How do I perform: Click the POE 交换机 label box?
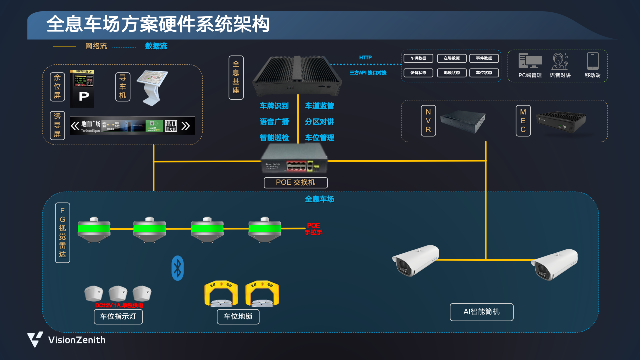296,183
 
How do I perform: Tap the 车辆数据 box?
418,58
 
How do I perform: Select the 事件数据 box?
484,58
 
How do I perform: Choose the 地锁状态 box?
452,73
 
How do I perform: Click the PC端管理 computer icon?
530,61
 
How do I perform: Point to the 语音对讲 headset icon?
560,61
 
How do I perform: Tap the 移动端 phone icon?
593,61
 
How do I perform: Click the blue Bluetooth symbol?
178,268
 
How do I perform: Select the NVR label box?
428,120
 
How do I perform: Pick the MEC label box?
523,120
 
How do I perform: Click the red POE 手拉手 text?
314,229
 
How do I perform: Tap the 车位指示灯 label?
118,317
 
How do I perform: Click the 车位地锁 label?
238,317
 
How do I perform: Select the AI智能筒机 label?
481,312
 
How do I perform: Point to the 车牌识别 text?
274,106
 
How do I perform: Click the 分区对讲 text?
320,122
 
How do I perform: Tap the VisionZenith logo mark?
35,339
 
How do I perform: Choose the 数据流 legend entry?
156,46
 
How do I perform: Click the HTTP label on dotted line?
365,58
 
